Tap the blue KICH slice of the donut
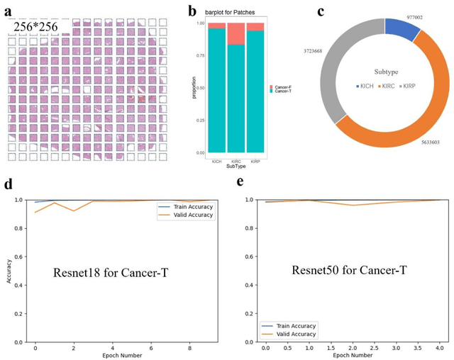402,30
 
